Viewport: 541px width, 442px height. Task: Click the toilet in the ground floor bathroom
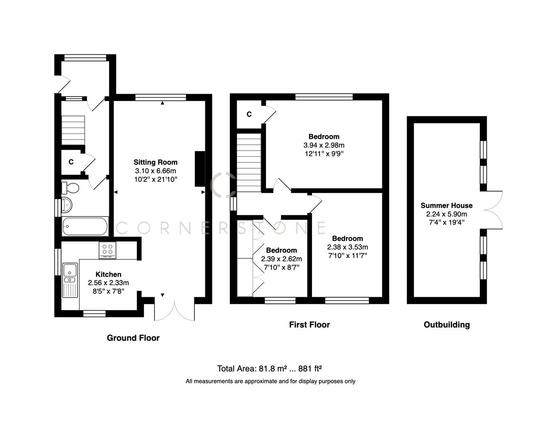(70, 188)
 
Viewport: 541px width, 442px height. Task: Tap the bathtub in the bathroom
(85, 226)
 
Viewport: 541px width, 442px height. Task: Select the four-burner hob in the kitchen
(108, 250)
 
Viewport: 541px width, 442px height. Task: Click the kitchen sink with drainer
(70, 280)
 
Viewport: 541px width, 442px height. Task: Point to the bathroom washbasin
(66, 205)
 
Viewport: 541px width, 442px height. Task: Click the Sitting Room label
(155, 162)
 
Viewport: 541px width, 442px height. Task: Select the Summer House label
(446, 205)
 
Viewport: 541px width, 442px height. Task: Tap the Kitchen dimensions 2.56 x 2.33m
(108, 283)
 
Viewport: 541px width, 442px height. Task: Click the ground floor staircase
(73, 130)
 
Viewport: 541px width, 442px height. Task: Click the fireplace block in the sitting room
(200, 169)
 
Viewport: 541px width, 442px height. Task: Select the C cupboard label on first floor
(249, 114)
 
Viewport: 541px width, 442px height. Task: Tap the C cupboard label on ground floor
(71, 162)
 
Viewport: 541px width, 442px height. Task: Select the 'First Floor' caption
(309, 325)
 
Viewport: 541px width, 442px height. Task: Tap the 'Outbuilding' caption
(446, 325)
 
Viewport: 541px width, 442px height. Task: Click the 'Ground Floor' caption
(133, 338)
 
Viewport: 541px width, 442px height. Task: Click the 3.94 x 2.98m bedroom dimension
(324, 145)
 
